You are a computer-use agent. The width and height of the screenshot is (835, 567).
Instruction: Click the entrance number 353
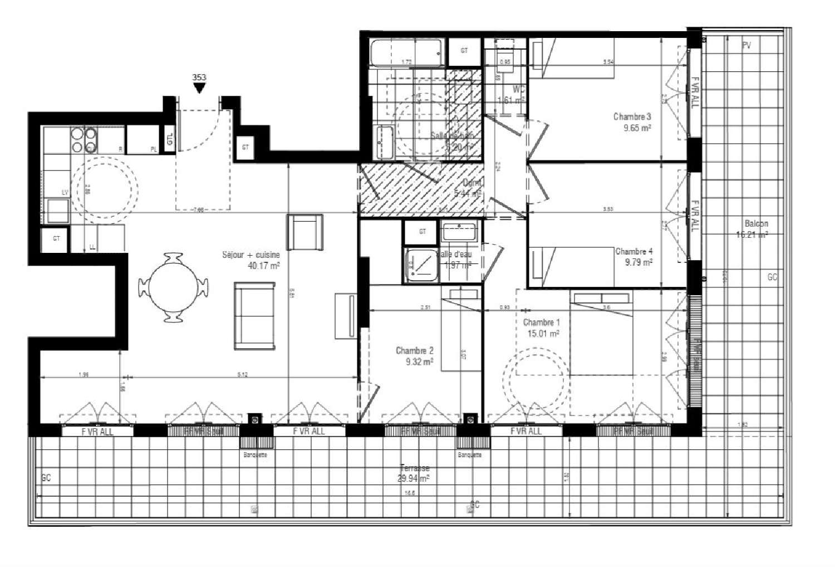point(199,77)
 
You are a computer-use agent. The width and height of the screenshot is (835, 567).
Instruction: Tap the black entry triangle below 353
point(199,88)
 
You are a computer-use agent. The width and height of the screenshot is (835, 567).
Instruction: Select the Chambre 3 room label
point(632,116)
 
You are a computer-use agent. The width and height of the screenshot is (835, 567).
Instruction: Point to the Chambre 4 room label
point(634,251)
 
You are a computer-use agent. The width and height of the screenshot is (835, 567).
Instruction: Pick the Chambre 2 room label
point(414,350)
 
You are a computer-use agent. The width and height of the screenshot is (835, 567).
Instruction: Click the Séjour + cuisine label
point(250,255)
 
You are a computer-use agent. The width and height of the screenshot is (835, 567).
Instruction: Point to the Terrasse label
point(415,468)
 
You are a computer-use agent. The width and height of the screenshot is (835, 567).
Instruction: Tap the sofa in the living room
point(254,316)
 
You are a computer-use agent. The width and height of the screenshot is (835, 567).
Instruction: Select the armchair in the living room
point(304,232)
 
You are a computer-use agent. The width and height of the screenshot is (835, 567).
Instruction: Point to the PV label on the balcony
point(746,46)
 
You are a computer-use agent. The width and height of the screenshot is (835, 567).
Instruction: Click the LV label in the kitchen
point(65,192)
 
